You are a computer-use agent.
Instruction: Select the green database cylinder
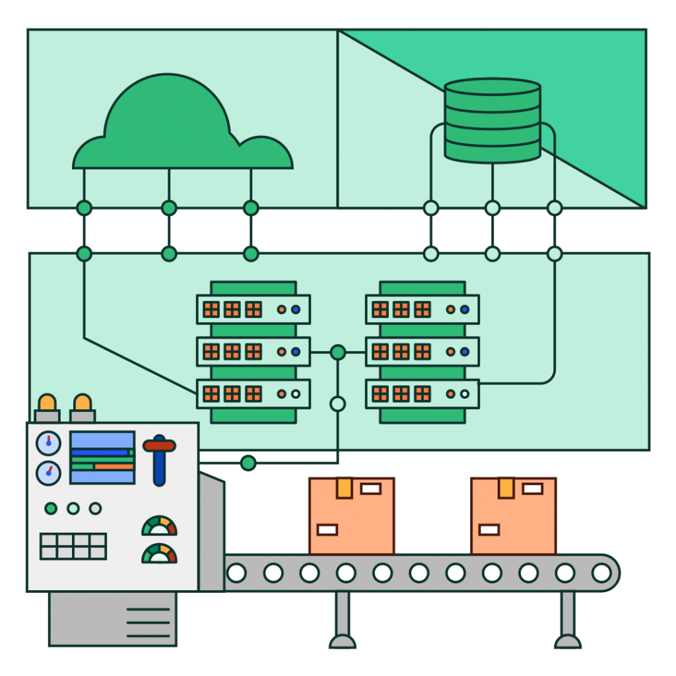coord(492,120)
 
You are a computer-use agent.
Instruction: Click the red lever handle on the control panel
coord(159,446)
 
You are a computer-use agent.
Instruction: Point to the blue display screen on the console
coord(102,457)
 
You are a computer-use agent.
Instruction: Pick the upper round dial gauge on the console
coord(48,443)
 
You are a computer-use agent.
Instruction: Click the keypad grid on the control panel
coord(73,546)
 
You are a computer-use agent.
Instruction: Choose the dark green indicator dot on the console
coord(51,508)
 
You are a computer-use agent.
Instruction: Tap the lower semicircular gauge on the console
coord(159,554)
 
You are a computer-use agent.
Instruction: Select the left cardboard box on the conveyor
coord(351,516)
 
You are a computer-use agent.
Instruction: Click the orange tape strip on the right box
coord(506,487)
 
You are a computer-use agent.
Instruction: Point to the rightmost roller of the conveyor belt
coord(601,572)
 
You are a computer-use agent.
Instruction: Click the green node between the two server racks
coord(337,353)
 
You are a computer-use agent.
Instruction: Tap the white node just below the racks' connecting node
coord(337,403)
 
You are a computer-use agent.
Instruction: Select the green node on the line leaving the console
coord(248,463)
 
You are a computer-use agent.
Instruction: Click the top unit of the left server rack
coord(253,309)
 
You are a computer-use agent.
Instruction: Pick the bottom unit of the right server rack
coord(422,394)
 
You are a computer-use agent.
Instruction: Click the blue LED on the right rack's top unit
coord(465,309)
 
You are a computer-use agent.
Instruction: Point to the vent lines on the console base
coord(148,623)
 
